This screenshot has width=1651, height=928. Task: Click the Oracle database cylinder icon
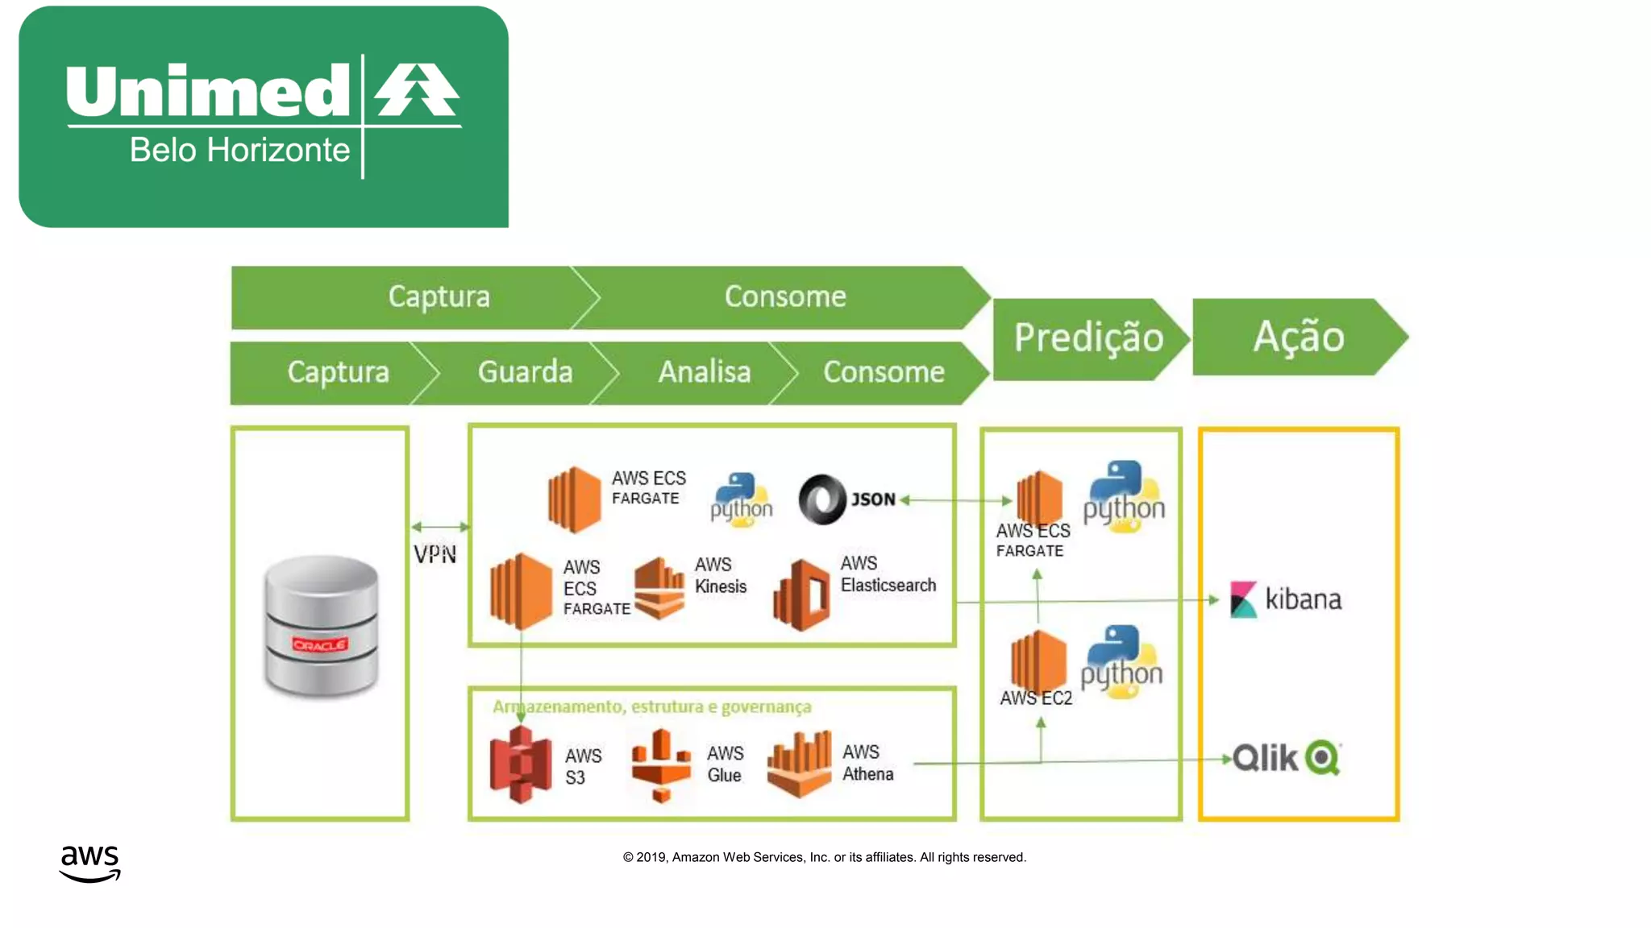(x=321, y=625)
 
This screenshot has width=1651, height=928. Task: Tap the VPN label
(x=435, y=554)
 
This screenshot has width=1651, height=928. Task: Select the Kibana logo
(x=1286, y=599)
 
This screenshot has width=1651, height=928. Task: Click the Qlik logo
(x=1286, y=757)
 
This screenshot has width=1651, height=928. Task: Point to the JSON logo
(x=846, y=499)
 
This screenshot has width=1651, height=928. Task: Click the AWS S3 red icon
(x=521, y=764)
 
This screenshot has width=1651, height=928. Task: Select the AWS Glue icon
(x=661, y=764)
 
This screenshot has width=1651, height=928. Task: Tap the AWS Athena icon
(x=800, y=764)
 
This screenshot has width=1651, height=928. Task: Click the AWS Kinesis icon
(x=659, y=588)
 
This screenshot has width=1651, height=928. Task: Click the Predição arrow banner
(x=1088, y=338)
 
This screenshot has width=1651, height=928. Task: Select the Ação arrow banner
(x=1298, y=337)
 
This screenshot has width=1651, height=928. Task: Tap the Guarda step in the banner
(x=525, y=372)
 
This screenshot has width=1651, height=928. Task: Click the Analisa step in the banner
(x=704, y=372)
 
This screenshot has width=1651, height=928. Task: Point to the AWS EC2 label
(x=1036, y=698)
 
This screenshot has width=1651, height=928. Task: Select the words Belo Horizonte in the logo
(x=239, y=151)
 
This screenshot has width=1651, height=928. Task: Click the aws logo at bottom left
(x=89, y=863)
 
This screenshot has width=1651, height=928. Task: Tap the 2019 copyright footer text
(x=824, y=857)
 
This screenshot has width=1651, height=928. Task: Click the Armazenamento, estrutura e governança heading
(x=651, y=706)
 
